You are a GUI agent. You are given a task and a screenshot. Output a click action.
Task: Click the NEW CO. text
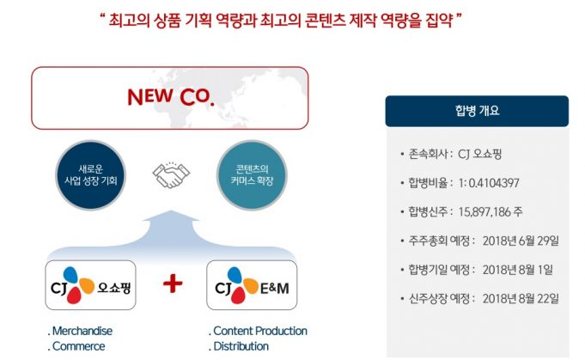(171, 97)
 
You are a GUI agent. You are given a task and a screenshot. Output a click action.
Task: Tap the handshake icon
(171, 174)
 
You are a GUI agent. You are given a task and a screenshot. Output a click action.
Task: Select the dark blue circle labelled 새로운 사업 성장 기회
(91, 175)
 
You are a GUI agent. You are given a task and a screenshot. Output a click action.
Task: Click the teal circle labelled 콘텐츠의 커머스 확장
(252, 175)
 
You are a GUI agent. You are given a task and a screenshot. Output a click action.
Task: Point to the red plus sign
(173, 284)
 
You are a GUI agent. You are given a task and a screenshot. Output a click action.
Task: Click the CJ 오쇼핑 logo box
(91, 285)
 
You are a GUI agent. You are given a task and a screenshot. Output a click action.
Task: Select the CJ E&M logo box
(252, 285)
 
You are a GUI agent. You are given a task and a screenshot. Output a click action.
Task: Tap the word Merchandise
(82, 331)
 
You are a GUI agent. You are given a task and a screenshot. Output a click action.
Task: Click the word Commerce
(79, 346)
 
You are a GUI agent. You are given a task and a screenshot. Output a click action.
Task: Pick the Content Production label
(260, 331)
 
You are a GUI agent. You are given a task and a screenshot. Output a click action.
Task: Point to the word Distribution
(241, 346)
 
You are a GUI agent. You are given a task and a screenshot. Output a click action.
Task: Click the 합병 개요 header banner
(477, 111)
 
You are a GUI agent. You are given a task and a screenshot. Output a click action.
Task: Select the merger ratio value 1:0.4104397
(489, 183)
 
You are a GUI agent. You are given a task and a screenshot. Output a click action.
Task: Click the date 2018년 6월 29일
(521, 241)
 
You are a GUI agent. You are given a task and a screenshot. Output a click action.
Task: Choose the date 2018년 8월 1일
(518, 270)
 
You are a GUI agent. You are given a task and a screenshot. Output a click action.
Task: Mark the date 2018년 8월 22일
(521, 298)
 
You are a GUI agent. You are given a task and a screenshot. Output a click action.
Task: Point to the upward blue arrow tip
(171, 211)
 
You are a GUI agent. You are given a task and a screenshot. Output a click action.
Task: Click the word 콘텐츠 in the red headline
(324, 20)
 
